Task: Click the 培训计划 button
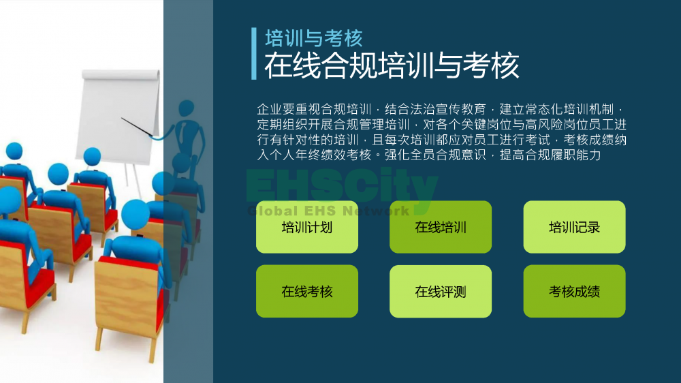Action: (x=307, y=227)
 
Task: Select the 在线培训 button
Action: (x=441, y=227)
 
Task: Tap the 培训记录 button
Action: (x=574, y=227)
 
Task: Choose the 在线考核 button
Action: (x=307, y=291)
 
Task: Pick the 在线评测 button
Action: (x=441, y=291)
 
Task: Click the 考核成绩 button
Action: (x=574, y=291)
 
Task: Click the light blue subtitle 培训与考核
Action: (x=314, y=38)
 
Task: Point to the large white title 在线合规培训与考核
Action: (x=392, y=65)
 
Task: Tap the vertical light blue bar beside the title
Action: (x=254, y=53)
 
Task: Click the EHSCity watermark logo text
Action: (x=343, y=187)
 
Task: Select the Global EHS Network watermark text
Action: (x=328, y=211)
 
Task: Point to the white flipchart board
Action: (x=118, y=115)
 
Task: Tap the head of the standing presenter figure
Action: (x=187, y=108)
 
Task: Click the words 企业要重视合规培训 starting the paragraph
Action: (x=314, y=109)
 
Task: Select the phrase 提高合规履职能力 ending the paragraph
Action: (x=550, y=155)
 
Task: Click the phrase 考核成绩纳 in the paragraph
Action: (x=595, y=140)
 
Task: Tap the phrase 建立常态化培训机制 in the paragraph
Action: (x=556, y=109)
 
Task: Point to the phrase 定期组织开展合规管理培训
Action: (x=333, y=125)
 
